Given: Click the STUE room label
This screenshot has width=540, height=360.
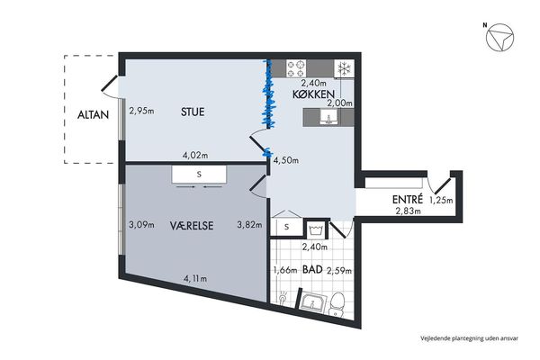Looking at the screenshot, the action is pos(193,112).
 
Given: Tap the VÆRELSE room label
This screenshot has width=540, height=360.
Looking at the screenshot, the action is pos(192,226).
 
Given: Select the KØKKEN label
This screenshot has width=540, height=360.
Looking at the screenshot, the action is pos(313,94).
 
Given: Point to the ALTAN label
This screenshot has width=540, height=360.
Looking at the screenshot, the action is pos(93,114).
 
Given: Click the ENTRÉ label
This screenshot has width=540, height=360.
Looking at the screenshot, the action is pos(408,199).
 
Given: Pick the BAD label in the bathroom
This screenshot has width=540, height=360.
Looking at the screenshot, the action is pos(312,269).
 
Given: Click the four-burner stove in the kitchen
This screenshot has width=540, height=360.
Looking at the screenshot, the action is pos(296,68).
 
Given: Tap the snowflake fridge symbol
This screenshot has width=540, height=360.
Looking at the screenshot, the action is pos(344,69).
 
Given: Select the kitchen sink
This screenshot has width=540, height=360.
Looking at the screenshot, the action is pos(328,118).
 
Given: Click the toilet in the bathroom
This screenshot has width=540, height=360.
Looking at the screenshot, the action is pos(337,304).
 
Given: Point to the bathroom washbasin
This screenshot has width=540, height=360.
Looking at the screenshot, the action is pos(312,302).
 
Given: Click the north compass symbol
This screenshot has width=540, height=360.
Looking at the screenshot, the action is pos(499,38).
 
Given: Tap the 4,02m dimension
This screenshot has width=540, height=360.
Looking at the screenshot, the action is pos(195,156).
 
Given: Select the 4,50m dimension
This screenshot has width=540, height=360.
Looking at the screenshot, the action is pos(286,160).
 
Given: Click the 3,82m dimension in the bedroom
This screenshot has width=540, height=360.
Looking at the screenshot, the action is pos(249,225).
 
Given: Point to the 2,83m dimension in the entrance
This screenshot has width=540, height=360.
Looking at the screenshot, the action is pos(408,211).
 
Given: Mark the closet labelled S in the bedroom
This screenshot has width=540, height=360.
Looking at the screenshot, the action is pos(199,175).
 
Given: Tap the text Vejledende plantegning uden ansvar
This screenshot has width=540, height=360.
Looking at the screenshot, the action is pos(469,338).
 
